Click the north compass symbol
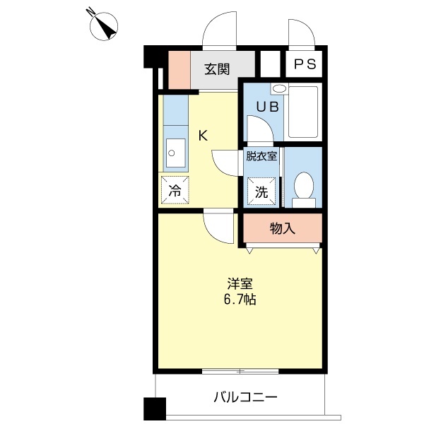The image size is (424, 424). tap(105, 25)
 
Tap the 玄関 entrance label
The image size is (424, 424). tap(218, 69)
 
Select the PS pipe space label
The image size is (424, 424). tap(305, 64)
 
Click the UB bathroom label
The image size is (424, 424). tap(266, 107)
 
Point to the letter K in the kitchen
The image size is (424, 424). tap(203, 136)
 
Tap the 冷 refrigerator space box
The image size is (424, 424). tap(175, 189)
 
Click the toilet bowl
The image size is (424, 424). tap(304, 187)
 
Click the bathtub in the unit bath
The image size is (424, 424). tap(304, 112)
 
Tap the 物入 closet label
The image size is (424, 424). tap(282, 228)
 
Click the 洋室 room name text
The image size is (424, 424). tap(240, 284)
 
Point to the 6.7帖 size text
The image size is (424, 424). tap(240, 299)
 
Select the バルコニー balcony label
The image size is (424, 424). tap(246, 396)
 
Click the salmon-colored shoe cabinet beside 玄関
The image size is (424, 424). tap(179, 69)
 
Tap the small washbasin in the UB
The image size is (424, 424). tap(278, 89)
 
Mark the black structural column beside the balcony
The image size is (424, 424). tap(154, 408)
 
